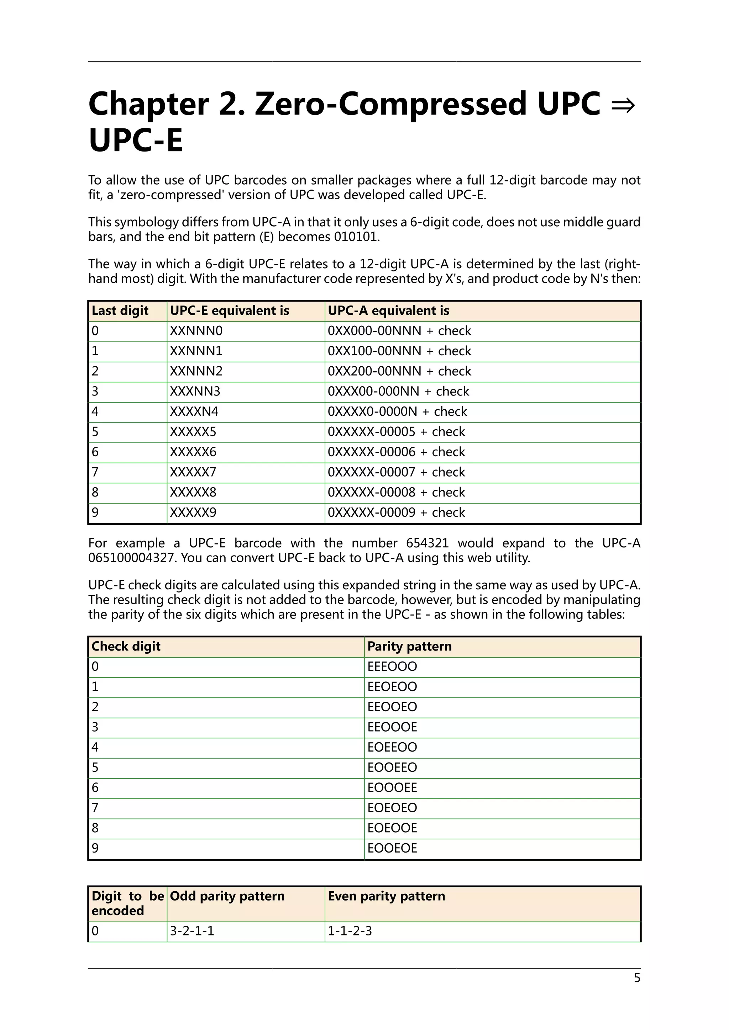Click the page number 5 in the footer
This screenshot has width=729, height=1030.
(636, 977)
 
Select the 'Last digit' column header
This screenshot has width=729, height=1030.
(120, 310)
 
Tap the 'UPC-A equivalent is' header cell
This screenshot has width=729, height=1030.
(388, 310)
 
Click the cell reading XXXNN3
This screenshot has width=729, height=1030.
(195, 391)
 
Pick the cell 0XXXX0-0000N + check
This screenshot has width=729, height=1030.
(397, 412)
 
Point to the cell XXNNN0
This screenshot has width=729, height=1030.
(196, 331)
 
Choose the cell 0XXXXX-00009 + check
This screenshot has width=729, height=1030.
(397, 512)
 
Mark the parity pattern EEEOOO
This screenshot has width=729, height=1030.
(392, 666)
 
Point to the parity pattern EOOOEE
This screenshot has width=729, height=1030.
(392, 787)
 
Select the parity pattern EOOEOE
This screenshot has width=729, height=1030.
(392, 848)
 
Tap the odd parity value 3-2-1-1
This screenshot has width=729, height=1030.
(192, 931)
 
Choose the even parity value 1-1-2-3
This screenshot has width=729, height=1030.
(350, 931)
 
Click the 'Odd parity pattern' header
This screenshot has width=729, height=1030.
(227, 896)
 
